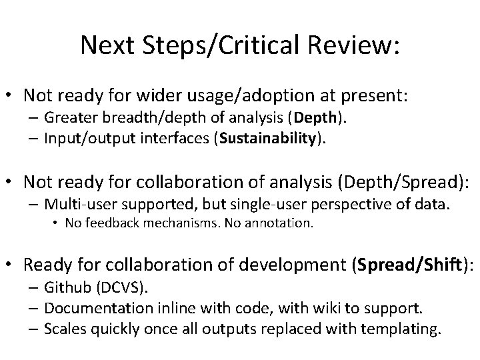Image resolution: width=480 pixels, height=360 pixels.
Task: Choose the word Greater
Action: tap(69, 118)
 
